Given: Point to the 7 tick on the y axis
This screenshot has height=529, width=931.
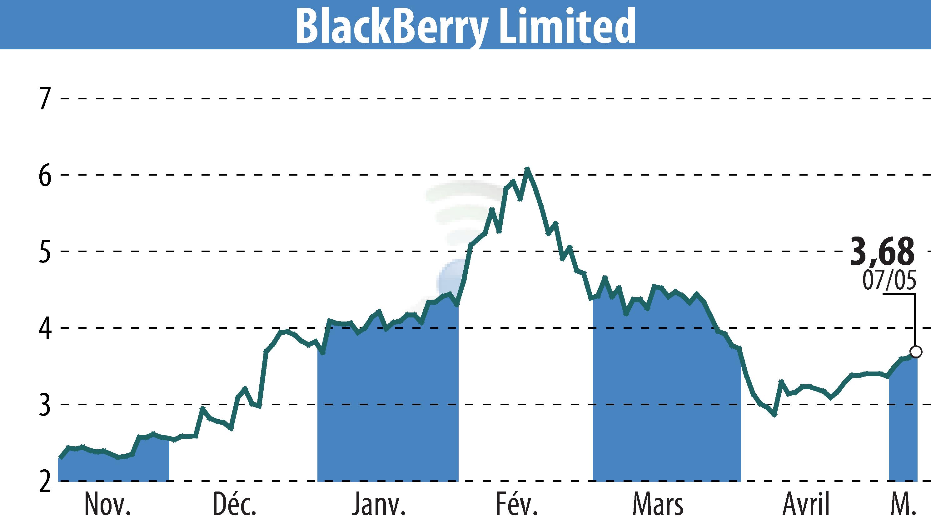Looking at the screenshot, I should tap(45, 99).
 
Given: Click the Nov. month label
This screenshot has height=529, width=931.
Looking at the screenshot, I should tap(107, 505).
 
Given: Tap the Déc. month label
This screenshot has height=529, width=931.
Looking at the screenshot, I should tap(235, 505).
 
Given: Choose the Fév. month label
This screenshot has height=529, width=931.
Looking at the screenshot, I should tap(516, 505).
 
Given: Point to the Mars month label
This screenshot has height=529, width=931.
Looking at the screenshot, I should tap(658, 505).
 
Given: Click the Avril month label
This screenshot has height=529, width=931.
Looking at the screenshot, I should tap(806, 505).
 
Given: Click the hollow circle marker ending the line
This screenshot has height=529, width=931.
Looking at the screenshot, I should tap(916, 352).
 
